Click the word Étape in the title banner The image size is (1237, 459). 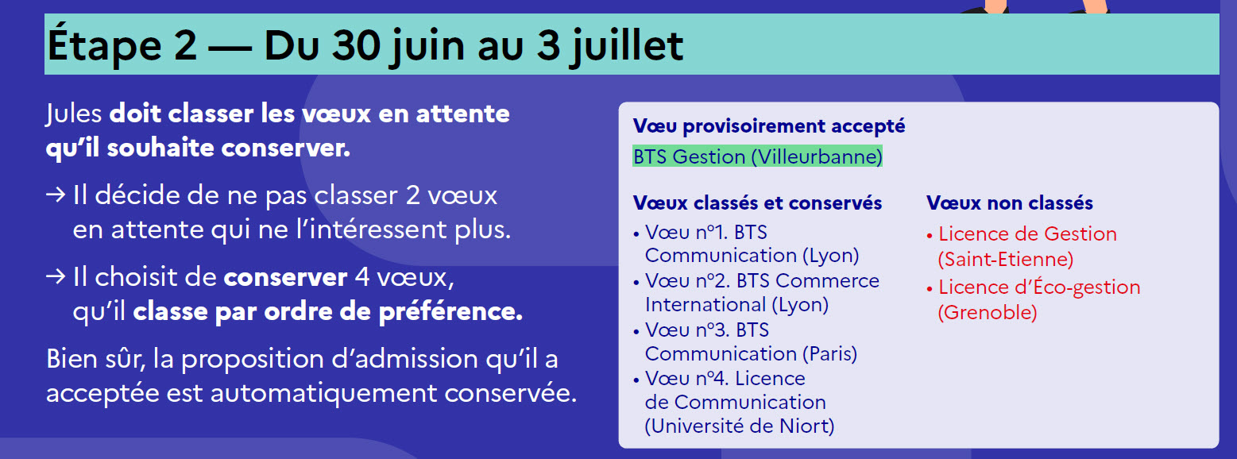[105, 45]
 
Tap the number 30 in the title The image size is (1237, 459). [356, 45]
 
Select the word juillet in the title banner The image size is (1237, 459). [628, 46]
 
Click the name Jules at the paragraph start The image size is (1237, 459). [74, 114]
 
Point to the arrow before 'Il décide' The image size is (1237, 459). [56, 195]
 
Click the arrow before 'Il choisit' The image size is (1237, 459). [56, 276]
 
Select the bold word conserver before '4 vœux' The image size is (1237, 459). [285, 277]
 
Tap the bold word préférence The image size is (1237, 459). [450, 312]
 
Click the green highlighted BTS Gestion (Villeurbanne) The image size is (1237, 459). [757, 156]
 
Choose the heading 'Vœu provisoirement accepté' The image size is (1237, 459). [769, 126]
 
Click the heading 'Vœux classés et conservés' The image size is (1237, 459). [757, 203]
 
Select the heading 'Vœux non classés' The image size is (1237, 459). [1010, 203]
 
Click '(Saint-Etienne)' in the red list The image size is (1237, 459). [1006, 260]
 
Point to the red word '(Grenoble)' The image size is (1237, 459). [988, 312]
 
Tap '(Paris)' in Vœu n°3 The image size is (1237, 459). [829, 353]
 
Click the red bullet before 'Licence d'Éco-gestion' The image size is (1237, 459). [930, 288]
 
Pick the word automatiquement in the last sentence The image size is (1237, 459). [324, 393]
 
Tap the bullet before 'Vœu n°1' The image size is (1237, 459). [636, 234]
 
